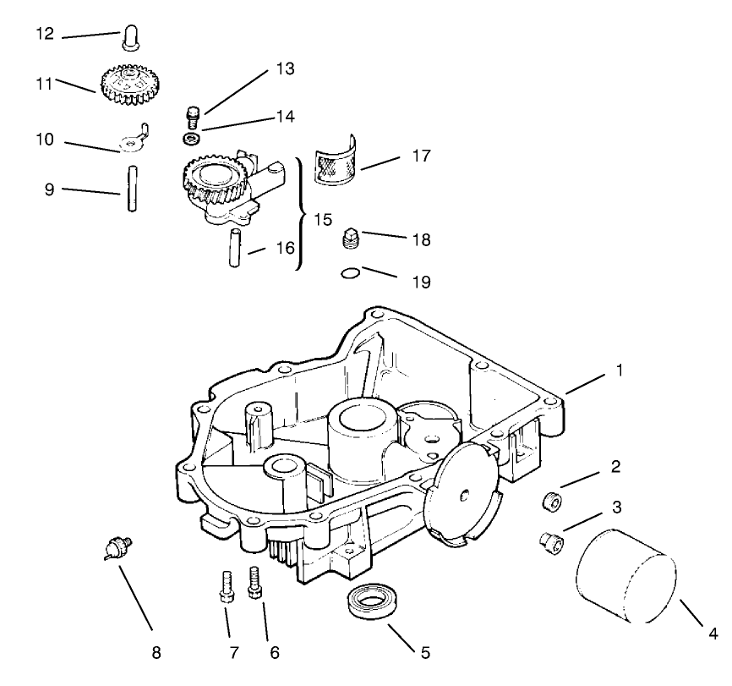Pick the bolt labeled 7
pyautogui.click(x=227, y=585)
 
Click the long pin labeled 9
pyautogui.click(x=133, y=192)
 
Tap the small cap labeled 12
pyautogui.click(x=132, y=38)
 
